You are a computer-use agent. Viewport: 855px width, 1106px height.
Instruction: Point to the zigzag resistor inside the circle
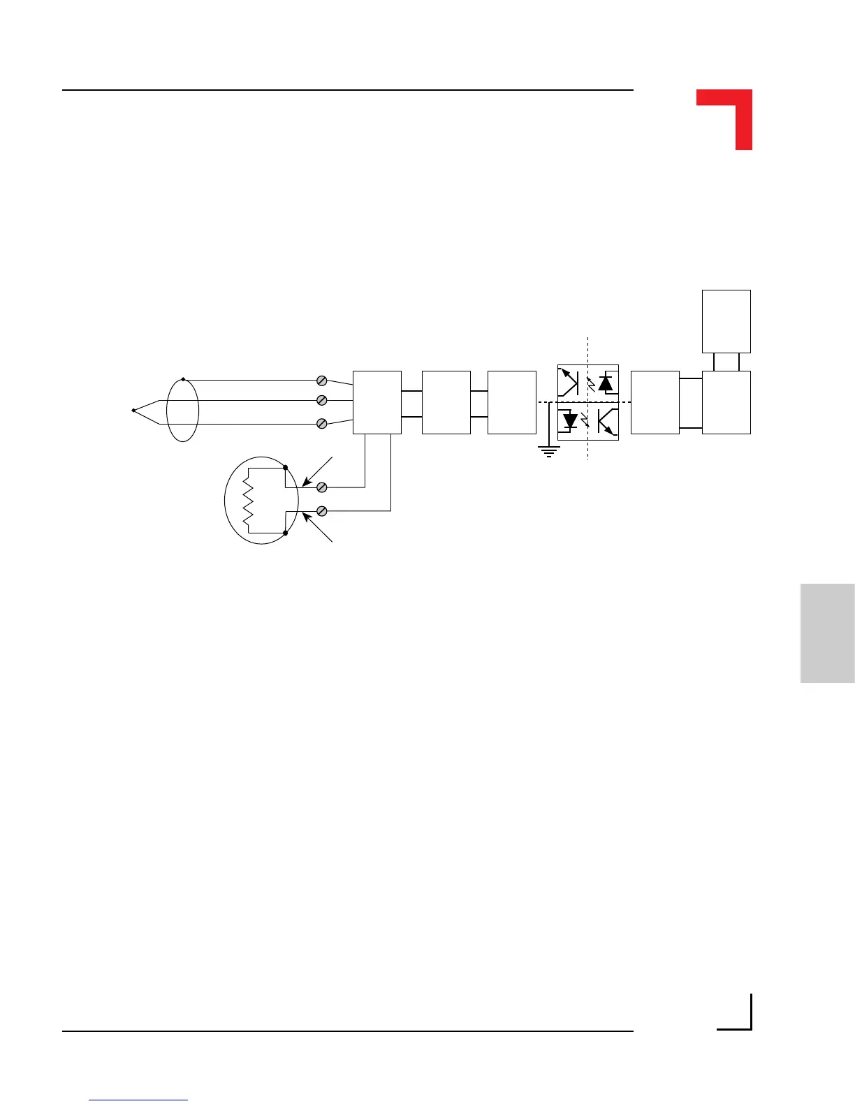coord(247,500)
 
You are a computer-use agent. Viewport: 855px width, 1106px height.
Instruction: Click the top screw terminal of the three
coord(322,381)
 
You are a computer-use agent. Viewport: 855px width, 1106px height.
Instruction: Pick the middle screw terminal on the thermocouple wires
coord(322,401)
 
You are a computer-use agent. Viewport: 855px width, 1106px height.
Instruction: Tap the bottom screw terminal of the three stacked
coord(322,424)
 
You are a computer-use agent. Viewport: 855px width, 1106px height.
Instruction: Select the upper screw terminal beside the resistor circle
coord(322,487)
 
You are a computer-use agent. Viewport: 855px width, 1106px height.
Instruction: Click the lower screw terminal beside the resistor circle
coord(322,511)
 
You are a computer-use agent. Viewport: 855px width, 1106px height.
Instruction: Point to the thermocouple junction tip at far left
coord(133,411)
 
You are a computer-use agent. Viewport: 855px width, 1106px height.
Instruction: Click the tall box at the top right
coord(726,321)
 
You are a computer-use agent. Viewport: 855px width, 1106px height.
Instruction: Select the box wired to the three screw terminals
coord(377,402)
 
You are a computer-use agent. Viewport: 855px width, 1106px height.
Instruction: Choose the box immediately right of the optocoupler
coord(655,402)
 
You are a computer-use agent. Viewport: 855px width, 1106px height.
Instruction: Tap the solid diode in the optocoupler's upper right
coord(606,383)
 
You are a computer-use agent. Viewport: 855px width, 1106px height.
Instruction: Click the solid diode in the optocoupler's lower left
coord(570,421)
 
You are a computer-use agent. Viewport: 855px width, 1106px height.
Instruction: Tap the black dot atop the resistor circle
coord(286,466)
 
